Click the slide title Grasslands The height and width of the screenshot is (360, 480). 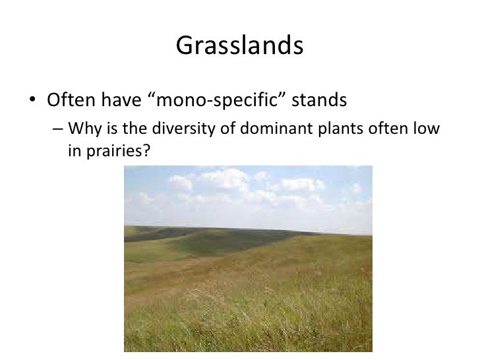240,46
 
